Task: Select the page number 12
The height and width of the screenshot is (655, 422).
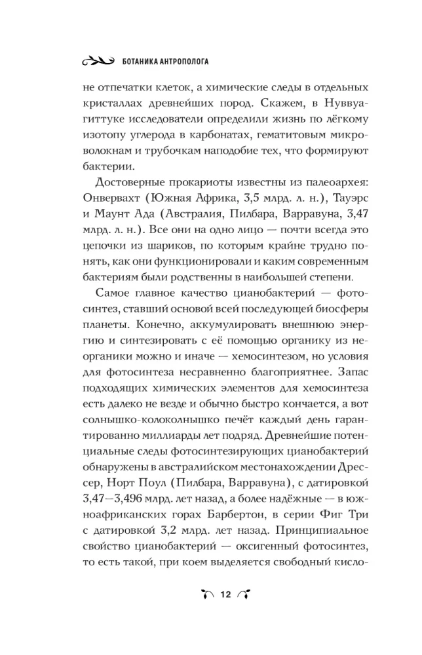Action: pos(226,595)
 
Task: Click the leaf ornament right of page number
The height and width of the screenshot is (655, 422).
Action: pos(245,595)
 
